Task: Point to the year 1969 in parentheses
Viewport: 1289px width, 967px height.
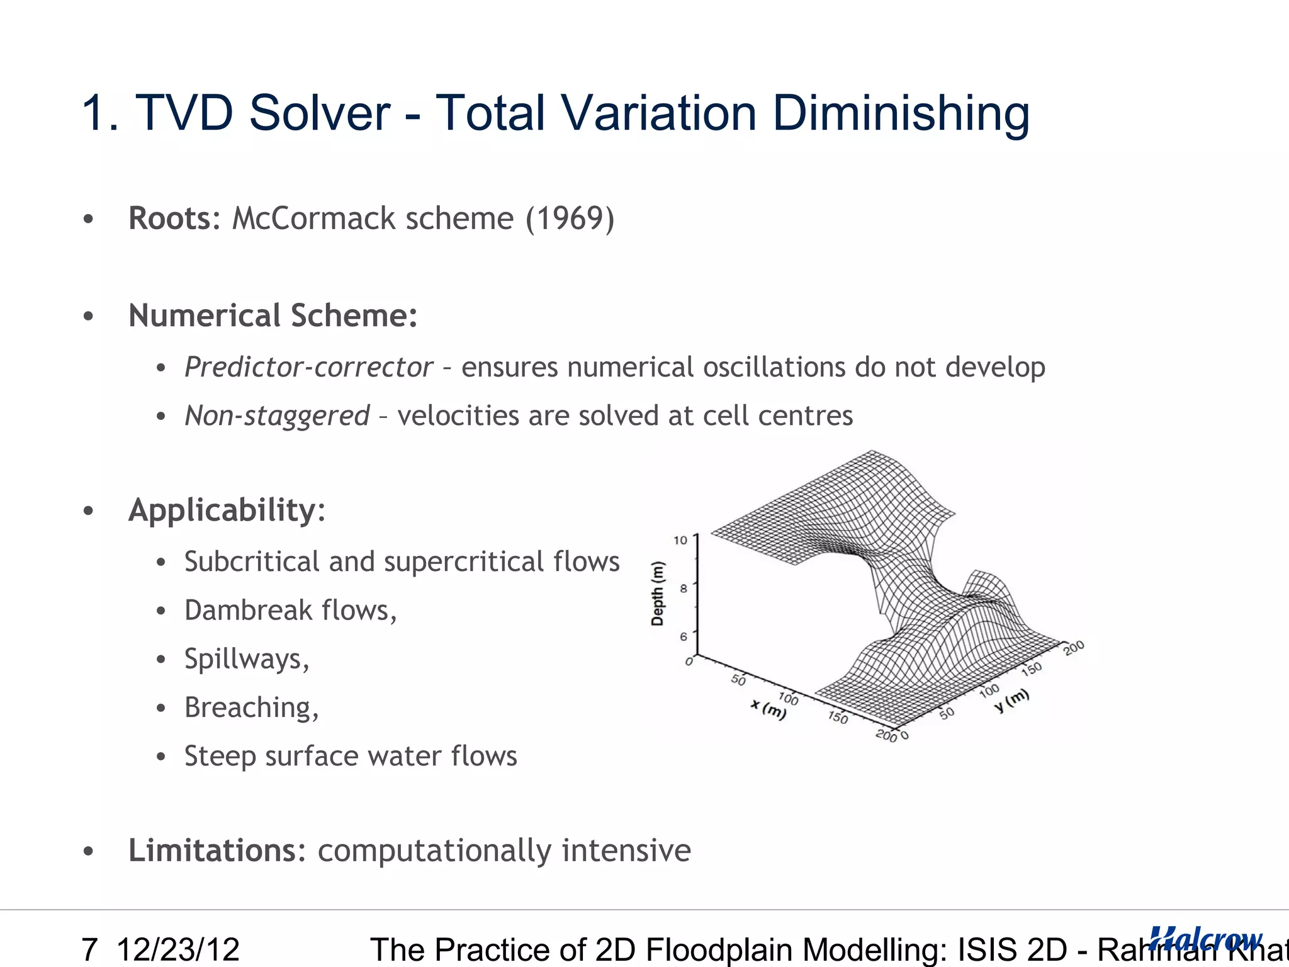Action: [x=570, y=218]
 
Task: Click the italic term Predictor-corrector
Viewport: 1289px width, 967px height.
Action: [x=308, y=367]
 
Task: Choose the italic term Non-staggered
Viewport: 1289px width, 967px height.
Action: [x=277, y=416]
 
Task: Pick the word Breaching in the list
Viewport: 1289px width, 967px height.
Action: [x=249, y=708]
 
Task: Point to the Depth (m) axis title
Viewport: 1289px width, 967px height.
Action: [x=658, y=593]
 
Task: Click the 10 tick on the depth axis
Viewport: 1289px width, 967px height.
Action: [x=680, y=540]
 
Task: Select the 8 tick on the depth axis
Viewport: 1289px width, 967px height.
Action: [x=684, y=589]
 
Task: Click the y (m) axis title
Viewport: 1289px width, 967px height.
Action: [x=1011, y=699]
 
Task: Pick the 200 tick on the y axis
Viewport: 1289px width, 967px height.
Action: [x=1074, y=647]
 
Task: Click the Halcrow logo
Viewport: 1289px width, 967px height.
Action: [x=1205, y=939]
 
